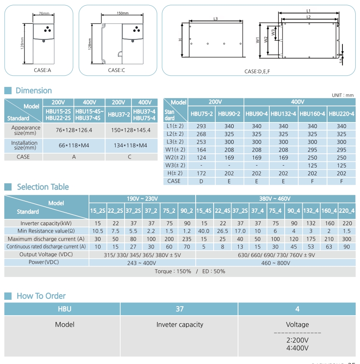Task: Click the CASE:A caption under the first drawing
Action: point(42,70)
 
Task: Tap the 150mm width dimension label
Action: point(122,13)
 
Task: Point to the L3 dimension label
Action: point(215,18)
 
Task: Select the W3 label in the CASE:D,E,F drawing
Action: point(273,32)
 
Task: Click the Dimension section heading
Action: point(34,90)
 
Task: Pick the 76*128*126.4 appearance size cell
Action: point(74,130)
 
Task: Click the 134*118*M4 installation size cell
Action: point(130,146)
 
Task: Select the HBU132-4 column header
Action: point(283,114)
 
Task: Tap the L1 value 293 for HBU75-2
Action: point(201,126)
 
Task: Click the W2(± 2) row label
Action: point(175,158)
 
